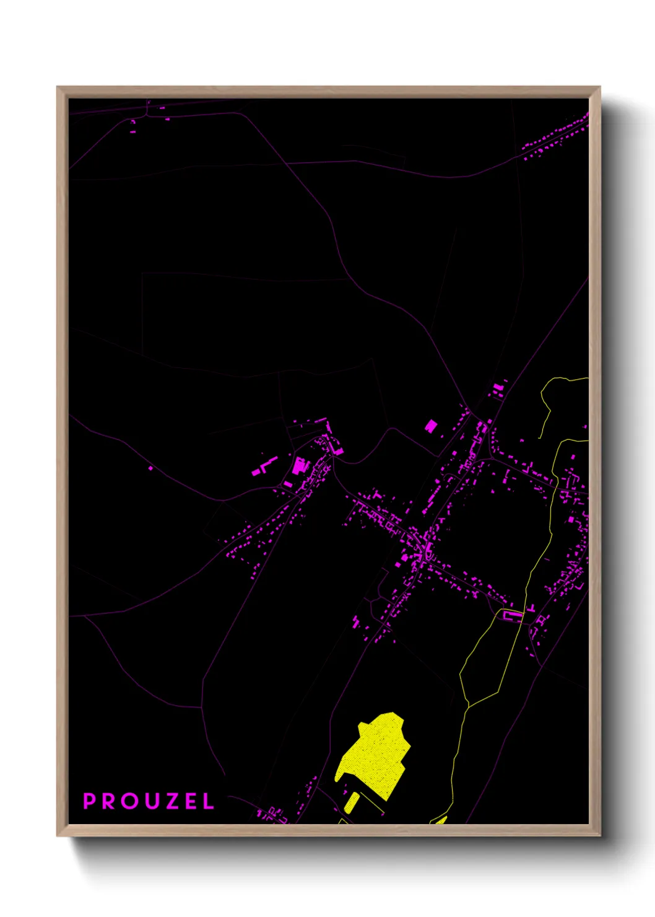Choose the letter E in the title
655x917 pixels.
click(x=189, y=801)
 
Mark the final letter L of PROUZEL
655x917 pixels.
click(x=208, y=801)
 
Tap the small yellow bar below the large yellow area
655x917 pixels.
click(x=351, y=803)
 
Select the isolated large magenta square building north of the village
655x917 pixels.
click(x=431, y=426)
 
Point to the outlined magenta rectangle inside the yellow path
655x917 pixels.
click(x=513, y=615)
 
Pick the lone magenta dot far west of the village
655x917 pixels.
click(x=151, y=468)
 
